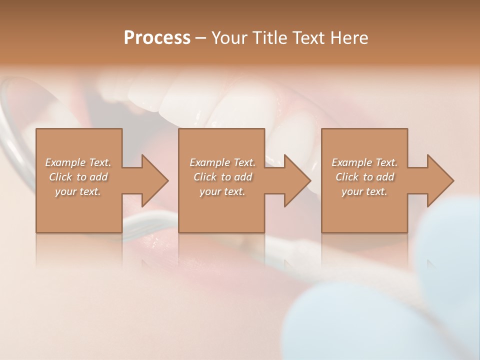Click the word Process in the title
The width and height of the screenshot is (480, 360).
click(x=157, y=37)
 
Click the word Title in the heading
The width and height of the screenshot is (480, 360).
click(x=270, y=37)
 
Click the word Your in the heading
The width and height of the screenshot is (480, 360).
click(x=229, y=37)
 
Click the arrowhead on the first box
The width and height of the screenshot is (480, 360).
click(x=154, y=180)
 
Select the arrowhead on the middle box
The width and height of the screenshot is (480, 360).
click(x=296, y=180)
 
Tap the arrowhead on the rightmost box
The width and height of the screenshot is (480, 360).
click(x=439, y=180)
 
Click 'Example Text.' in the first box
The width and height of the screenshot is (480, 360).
click(x=78, y=162)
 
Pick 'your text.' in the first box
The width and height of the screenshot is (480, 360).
click(x=78, y=191)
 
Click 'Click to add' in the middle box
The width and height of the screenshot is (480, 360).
click(x=222, y=177)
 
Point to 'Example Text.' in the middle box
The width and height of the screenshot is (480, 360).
click(x=222, y=162)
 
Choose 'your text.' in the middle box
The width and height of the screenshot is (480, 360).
click(x=222, y=191)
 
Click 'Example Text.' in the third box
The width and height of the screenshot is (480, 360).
click(x=364, y=162)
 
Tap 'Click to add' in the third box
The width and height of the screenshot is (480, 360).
click(x=364, y=177)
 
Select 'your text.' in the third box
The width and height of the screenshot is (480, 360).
click(x=364, y=191)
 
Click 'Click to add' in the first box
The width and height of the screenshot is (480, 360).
click(x=78, y=177)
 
